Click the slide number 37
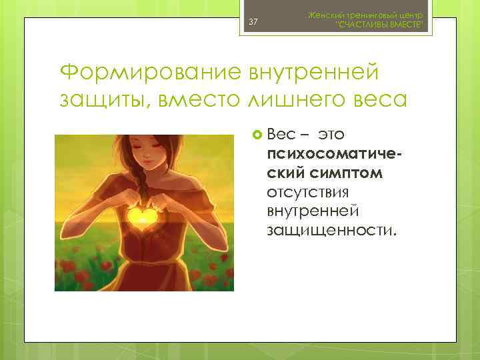[x=253, y=23]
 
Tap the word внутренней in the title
[x=315, y=71]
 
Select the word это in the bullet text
[x=331, y=135]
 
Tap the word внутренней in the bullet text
[x=313, y=211]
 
